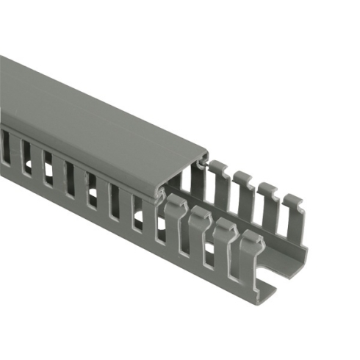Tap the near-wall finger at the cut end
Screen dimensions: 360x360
point(250,253)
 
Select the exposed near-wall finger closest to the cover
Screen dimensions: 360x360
point(175,217)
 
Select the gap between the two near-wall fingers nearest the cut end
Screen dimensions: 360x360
point(237,260)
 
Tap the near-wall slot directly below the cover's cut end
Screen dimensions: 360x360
point(161,228)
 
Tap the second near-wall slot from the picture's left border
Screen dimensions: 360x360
point(26,156)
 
